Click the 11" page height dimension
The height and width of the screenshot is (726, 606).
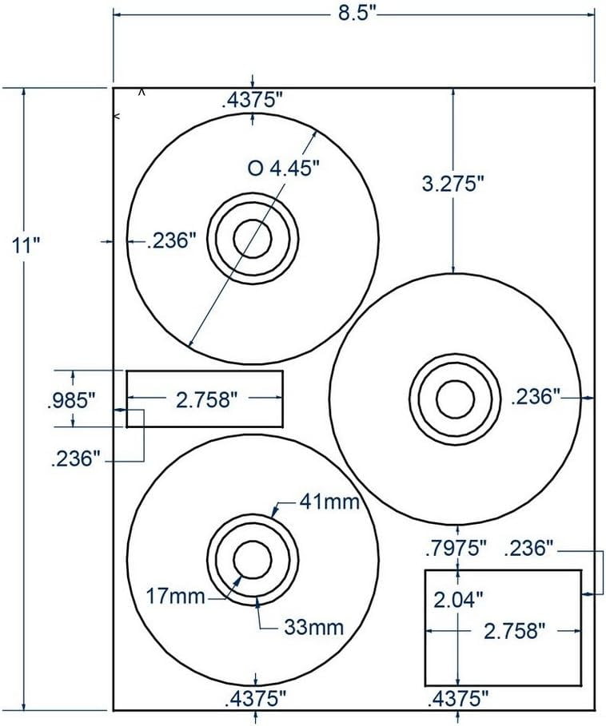27,244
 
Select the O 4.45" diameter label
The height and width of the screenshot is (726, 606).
284,169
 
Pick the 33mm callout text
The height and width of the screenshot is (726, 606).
313,627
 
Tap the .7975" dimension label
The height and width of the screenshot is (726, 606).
455,548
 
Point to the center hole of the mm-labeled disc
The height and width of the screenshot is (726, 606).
252,557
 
